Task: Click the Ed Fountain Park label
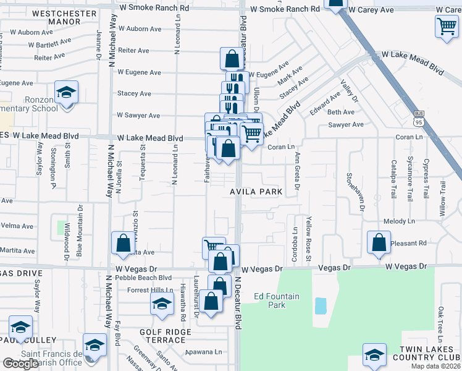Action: pyautogui.click(x=277, y=301)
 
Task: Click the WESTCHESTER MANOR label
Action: pyautogui.click(x=57, y=17)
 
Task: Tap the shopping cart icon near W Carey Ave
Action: pyautogui.click(x=446, y=25)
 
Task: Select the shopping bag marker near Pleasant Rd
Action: pyautogui.click(x=379, y=242)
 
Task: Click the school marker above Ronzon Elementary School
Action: pyautogui.click(x=66, y=92)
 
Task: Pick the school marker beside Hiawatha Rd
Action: pyautogui.click(x=162, y=304)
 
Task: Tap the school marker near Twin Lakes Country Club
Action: pyautogui.click(x=374, y=355)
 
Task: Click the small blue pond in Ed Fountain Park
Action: pyautogui.click(x=320, y=305)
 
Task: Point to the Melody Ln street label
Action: pyautogui.click(x=398, y=221)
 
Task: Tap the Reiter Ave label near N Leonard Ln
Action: pyautogui.click(x=134, y=51)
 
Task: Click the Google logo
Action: pyautogui.click(x=20, y=364)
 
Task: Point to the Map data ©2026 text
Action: pyautogui.click(x=435, y=366)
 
